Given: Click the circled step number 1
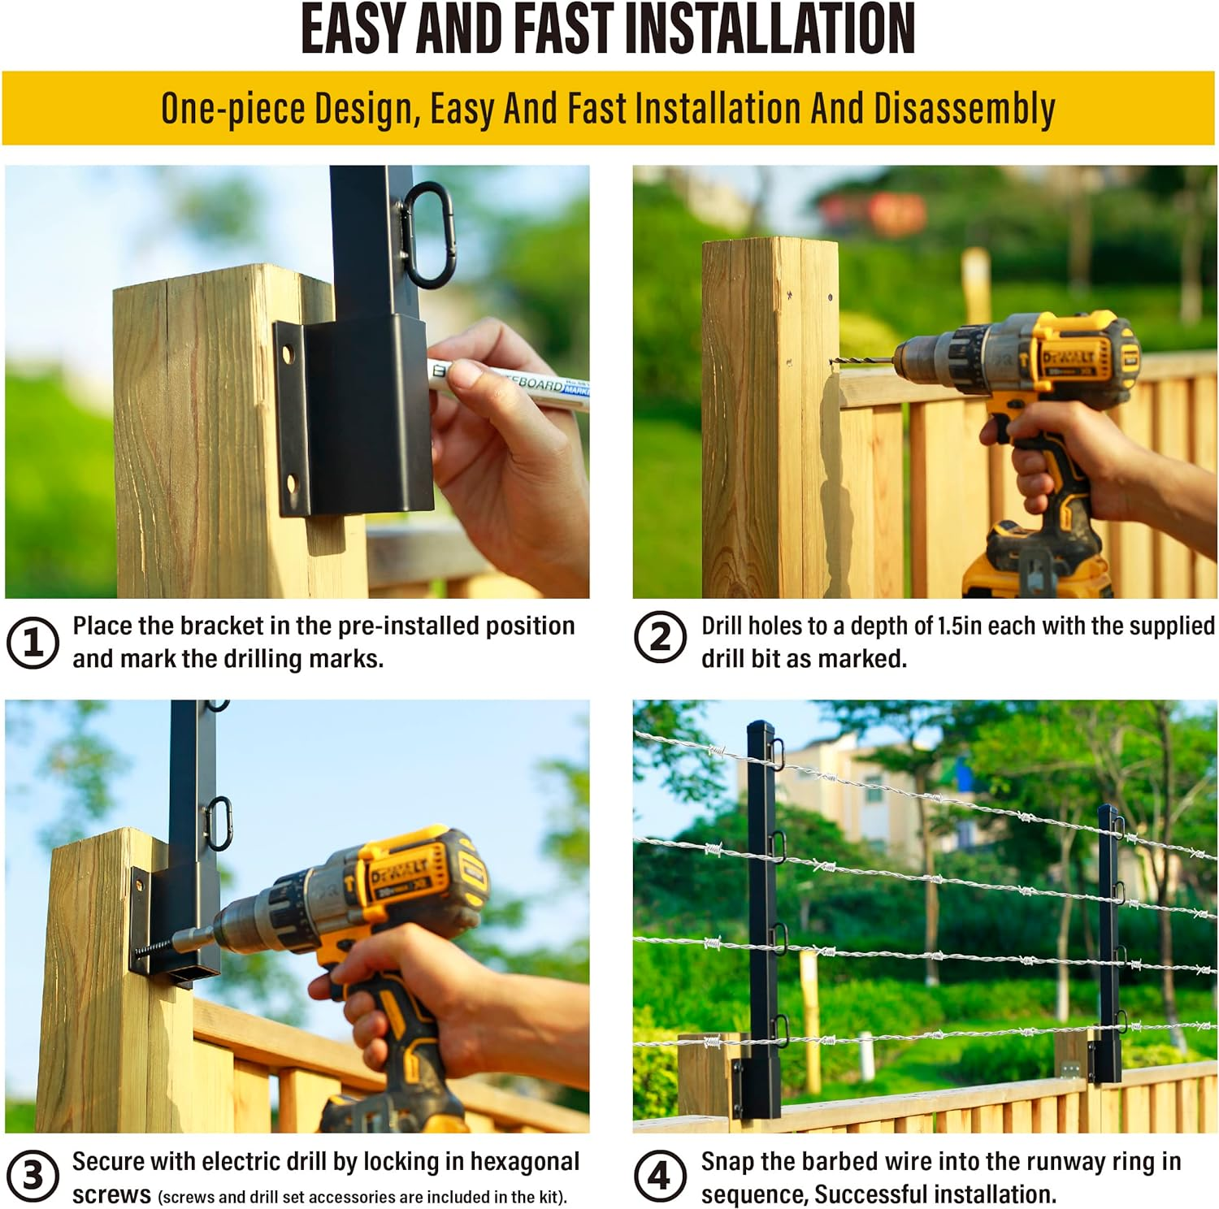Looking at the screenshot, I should pos(33,642).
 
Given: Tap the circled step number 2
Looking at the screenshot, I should pos(660,637).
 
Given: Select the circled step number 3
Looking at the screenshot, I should pos(33,1176).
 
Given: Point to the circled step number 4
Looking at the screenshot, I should pos(660,1176).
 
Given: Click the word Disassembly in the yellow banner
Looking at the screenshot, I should pos(964,110).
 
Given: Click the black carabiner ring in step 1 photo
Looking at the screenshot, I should pos(427,234).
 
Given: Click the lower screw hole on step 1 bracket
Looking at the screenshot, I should pos(293,485).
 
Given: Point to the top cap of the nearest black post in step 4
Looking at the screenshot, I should pos(756,725).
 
